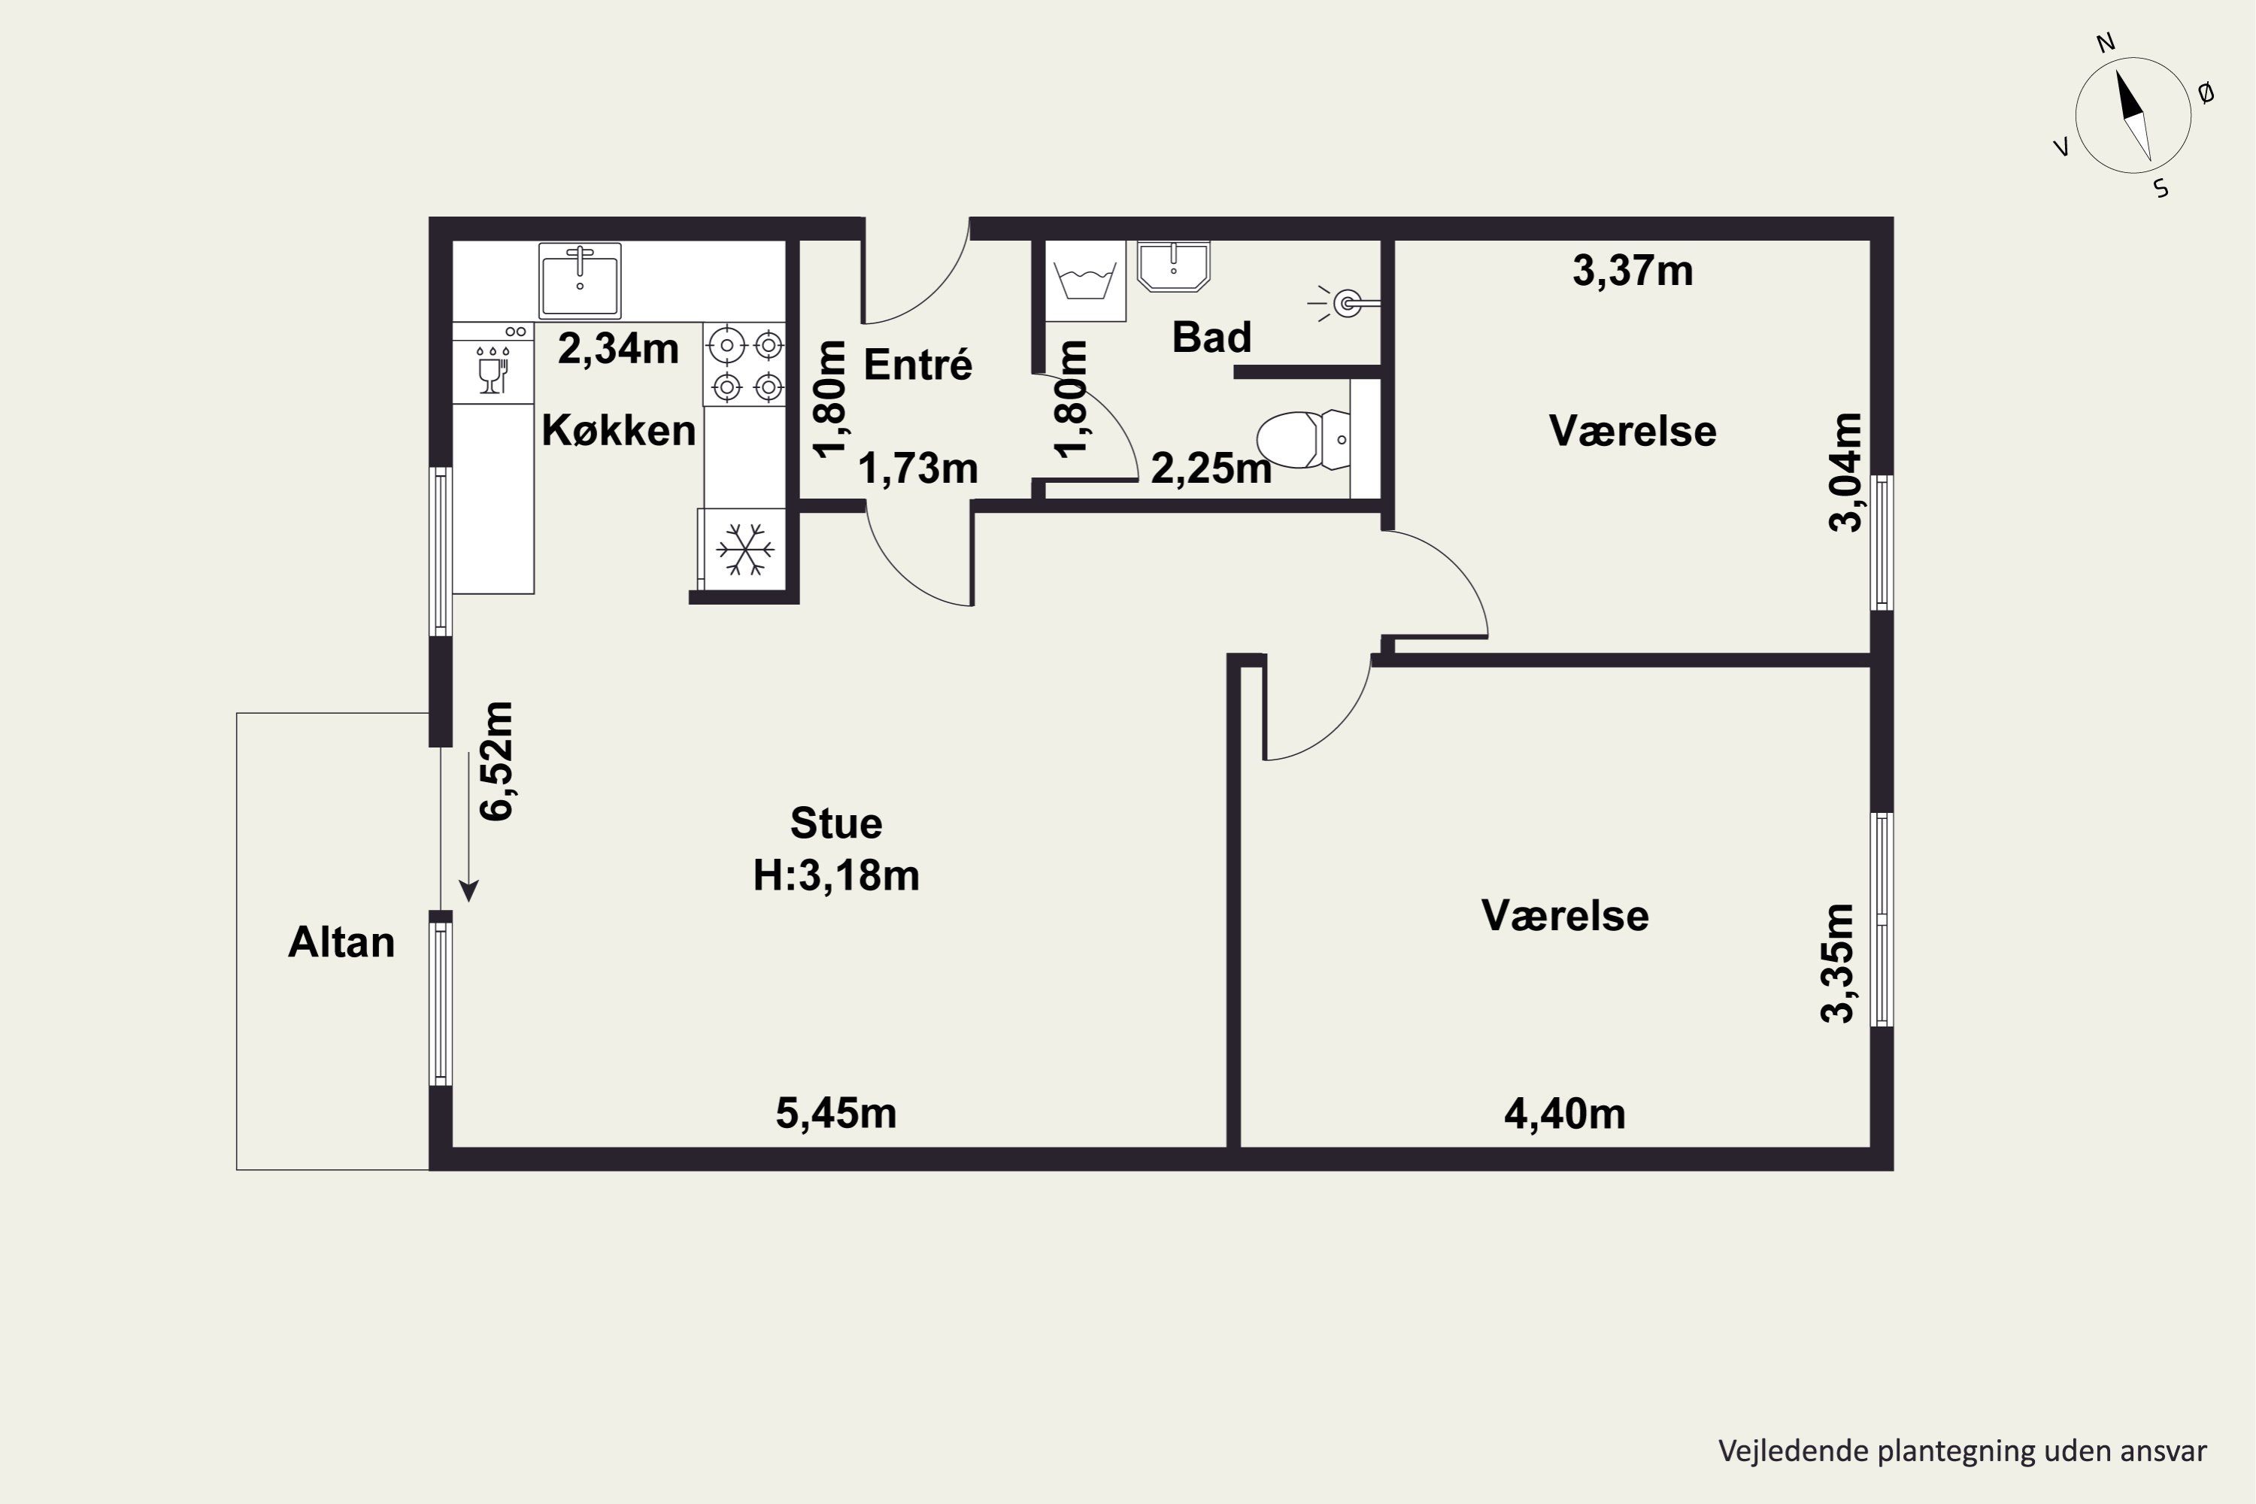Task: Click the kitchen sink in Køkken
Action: click(579, 280)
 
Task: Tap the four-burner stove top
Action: click(745, 365)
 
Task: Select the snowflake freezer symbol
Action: click(744, 550)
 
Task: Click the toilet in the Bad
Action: click(1302, 439)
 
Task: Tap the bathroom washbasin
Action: click(1173, 265)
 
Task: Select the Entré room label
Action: click(918, 365)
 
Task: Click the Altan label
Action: click(341, 943)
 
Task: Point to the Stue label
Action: click(835, 823)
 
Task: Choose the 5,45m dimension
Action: click(835, 1114)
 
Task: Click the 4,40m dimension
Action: click(1564, 1114)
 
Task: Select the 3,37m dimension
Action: click(1633, 271)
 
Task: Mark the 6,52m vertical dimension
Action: click(497, 760)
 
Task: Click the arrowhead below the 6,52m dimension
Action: click(468, 891)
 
